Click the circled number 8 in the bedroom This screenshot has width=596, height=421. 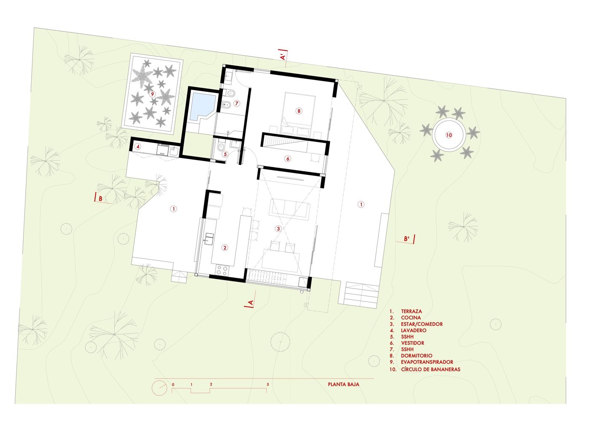(299, 111)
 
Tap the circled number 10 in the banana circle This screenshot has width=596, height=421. (449, 135)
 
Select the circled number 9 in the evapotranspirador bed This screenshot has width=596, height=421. (152, 94)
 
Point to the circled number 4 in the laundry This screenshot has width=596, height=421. (138, 146)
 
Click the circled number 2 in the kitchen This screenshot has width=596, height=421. (225, 248)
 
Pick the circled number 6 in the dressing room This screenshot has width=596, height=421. (288, 159)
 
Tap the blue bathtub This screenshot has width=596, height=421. (203, 107)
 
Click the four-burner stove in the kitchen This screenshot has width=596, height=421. (222, 270)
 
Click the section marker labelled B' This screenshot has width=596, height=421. (406, 239)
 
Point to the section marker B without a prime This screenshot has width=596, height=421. (101, 198)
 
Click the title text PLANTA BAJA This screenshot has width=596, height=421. (344, 384)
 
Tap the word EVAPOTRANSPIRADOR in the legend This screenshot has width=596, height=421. (427, 362)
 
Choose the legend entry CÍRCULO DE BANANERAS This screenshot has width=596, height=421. (430, 369)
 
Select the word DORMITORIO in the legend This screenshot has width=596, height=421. (417, 356)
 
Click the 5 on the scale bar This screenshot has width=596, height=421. (267, 384)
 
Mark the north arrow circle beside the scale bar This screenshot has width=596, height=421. (159, 388)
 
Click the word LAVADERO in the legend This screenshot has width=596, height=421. (414, 330)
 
